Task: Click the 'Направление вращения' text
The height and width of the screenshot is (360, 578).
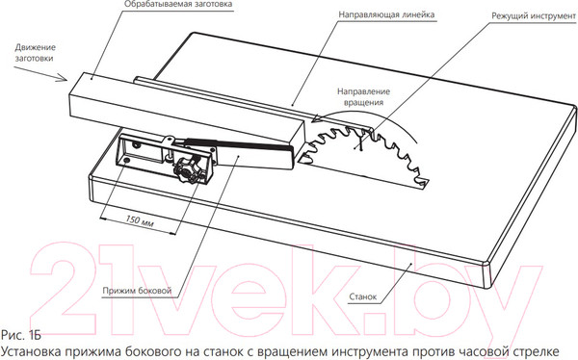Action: (362, 96)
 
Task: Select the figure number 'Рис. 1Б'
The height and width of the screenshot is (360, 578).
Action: (22, 335)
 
